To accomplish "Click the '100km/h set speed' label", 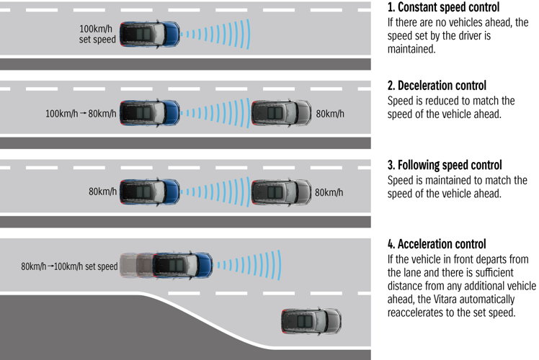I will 97,34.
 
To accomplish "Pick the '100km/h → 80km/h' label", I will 79,113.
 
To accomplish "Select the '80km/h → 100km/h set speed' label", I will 69,266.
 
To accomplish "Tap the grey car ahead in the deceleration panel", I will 282,113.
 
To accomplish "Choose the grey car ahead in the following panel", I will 282,192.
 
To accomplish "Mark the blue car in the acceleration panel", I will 182,266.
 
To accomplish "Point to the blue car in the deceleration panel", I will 149,113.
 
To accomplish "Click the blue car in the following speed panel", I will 149,192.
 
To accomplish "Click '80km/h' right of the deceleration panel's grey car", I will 331,114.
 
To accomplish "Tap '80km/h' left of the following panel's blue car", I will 102,192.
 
